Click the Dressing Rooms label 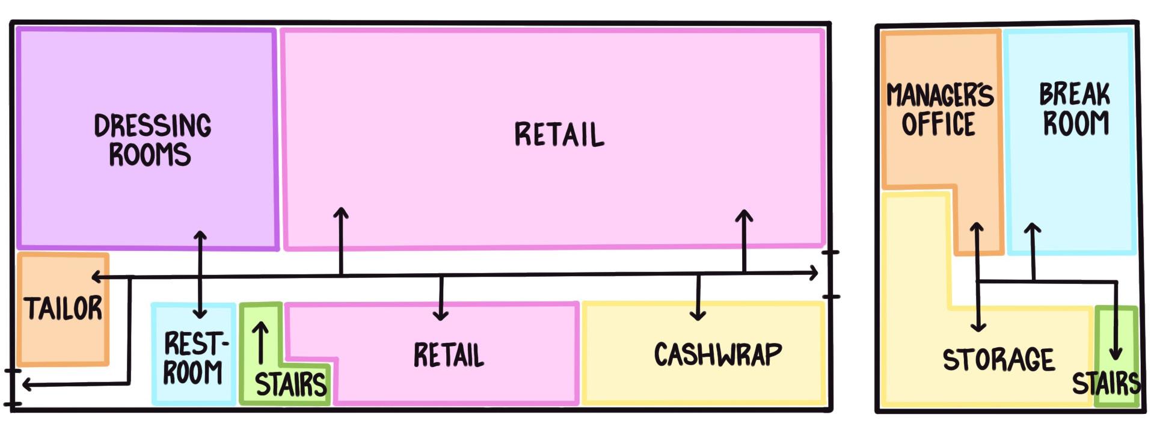[152, 140]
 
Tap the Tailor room [63, 309]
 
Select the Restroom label [194, 357]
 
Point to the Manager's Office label [939, 110]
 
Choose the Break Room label [1075, 109]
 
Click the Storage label [998, 360]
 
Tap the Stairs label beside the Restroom [290, 384]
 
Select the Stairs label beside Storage [1106, 383]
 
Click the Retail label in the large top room [559, 134]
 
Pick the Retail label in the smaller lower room [449, 355]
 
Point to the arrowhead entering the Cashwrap [698, 315]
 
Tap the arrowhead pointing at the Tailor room [96, 277]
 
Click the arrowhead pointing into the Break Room [1033, 229]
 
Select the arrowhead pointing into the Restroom [200, 313]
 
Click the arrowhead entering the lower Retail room [441, 315]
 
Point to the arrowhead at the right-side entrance [814, 273]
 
